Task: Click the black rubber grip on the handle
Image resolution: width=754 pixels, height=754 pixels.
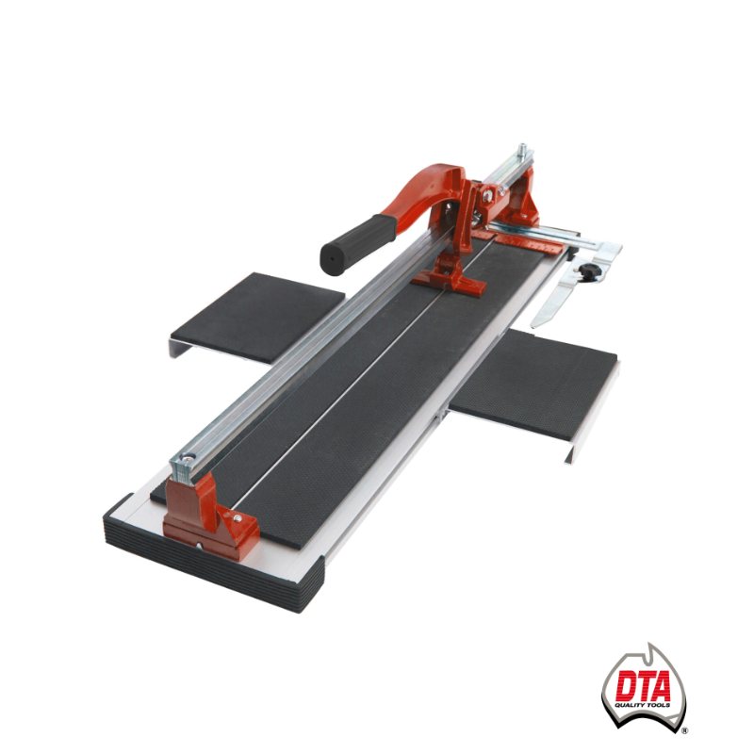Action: click(358, 244)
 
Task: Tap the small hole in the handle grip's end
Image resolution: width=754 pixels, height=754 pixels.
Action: click(332, 258)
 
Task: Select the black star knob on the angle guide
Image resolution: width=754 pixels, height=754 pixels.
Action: click(586, 270)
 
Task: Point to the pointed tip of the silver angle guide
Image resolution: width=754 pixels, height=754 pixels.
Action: click(533, 325)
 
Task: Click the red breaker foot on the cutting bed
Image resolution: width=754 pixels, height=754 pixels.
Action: click(449, 280)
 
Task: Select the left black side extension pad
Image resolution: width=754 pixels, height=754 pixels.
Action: click(258, 317)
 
